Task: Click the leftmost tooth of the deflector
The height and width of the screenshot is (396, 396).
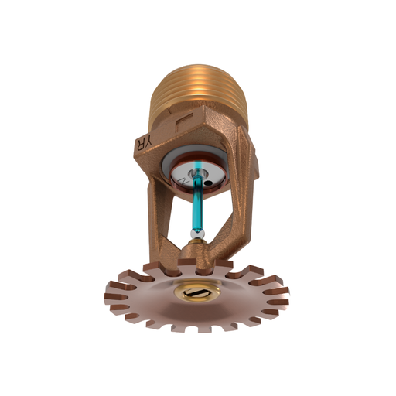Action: [110, 295]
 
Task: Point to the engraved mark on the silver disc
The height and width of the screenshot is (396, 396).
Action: [183, 179]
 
